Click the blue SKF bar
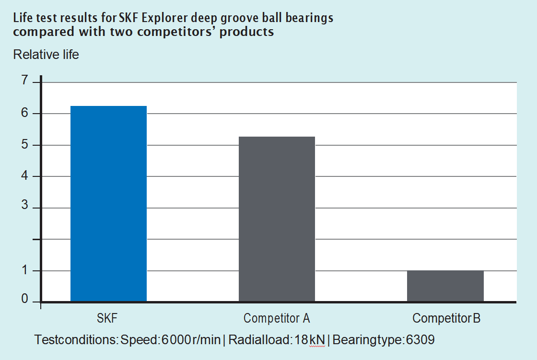pos(108,204)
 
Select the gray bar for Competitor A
pos(277,219)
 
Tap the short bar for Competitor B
pos(445,286)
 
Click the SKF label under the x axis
pos(107,318)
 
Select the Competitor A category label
pos(277,318)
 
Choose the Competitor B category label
pos(446,318)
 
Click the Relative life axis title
pos(46,55)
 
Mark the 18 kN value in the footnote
pos(310,340)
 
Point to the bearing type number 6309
pos(420,340)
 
